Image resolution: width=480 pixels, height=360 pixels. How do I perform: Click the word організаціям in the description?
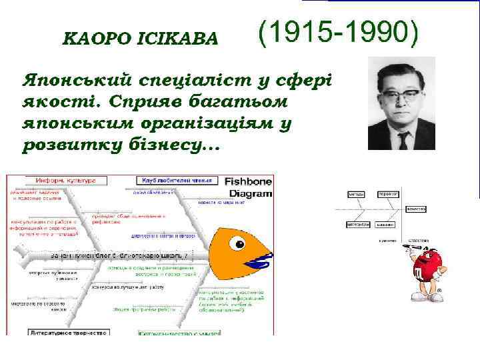(x=200, y=124)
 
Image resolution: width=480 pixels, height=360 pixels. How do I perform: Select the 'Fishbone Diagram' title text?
(x=248, y=187)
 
